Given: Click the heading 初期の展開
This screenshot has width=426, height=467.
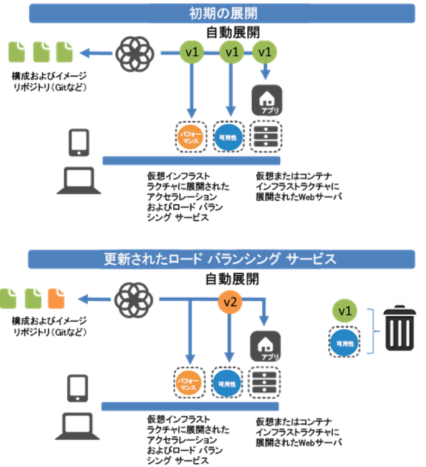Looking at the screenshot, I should tap(222, 12).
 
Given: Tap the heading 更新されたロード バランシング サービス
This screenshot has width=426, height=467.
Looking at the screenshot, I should tap(221, 259).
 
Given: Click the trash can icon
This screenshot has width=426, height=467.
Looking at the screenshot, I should tap(399, 329).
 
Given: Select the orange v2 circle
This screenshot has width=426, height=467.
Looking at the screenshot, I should tap(230, 303).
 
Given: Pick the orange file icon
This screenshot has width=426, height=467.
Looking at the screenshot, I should tap(56, 298).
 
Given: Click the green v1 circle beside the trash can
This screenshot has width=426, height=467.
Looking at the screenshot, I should tap(344, 311).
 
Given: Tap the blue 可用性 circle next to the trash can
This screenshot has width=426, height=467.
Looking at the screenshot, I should tap(344, 343).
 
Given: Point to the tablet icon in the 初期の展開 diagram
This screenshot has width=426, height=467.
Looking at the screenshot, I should tap(80, 143).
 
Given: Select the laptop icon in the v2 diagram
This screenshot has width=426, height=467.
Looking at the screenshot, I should tap(78, 427).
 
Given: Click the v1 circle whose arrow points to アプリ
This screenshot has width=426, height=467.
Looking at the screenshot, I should tap(265, 52).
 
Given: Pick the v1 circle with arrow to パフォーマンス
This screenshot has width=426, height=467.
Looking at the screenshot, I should tap(191, 52).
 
